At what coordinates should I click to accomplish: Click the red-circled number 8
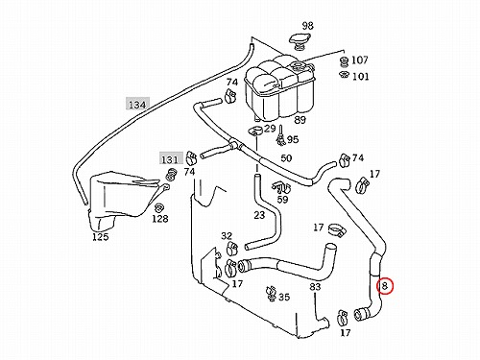pos(385,286)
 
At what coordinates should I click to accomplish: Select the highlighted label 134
pos(137,104)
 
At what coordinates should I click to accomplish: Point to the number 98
pos(307,26)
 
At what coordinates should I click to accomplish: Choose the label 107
pos(360,60)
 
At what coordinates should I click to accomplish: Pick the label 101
pos(360,77)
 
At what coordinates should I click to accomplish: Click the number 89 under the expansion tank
pos(300,120)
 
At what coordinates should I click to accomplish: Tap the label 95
pos(293,139)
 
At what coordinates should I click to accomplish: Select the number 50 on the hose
pos(286,158)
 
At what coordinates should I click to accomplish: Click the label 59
pos(282,199)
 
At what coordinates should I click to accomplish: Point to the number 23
pos(259,215)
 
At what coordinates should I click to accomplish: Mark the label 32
pos(227,236)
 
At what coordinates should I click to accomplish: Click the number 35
pos(284,297)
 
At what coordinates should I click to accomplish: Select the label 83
pos(315,286)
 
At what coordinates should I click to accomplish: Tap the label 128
pos(160,219)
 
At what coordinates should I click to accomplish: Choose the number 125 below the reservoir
pos(101,237)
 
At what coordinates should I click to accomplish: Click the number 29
pos(270,129)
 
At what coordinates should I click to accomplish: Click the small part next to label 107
pos(344,61)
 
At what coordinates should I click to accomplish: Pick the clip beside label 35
pos(271,294)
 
